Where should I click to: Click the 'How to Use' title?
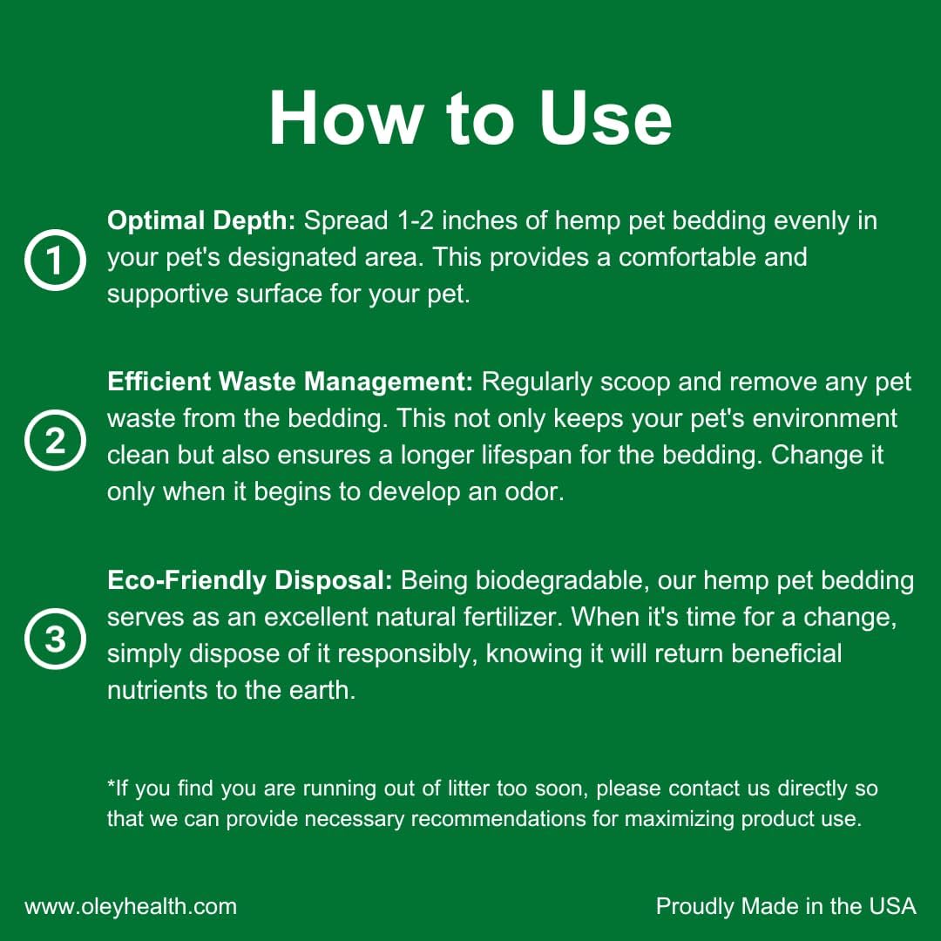click(470, 118)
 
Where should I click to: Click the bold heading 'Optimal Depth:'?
click(201, 221)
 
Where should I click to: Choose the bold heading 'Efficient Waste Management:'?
click(290, 382)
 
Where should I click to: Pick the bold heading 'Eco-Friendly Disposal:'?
click(250, 580)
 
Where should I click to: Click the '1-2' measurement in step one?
click(416, 220)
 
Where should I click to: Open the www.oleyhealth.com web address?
click(131, 907)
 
